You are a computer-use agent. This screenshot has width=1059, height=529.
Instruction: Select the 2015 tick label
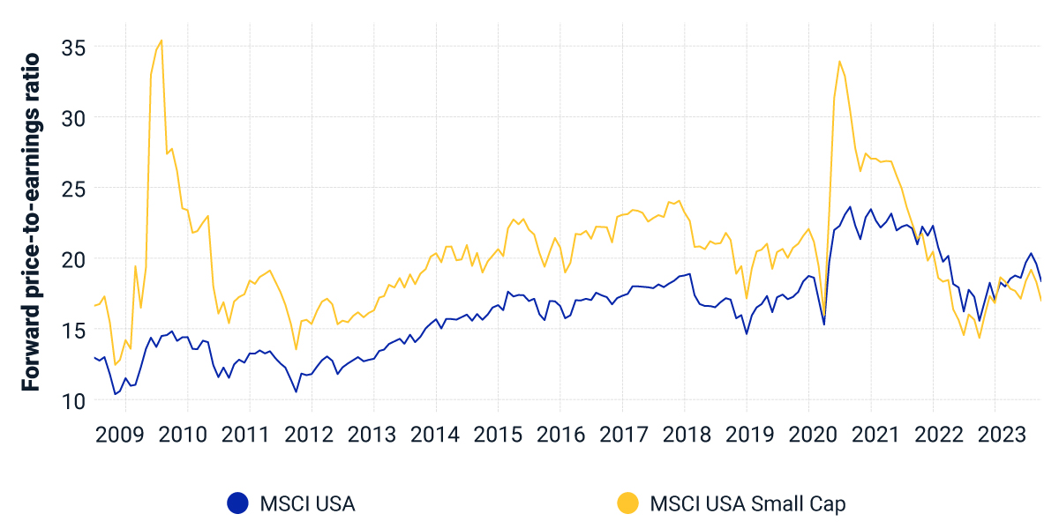click(498, 435)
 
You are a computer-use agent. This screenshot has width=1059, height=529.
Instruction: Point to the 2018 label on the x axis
click(684, 435)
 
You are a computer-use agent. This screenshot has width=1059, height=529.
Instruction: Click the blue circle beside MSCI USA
click(237, 503)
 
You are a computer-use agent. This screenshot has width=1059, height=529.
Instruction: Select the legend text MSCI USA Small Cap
click(747, 503)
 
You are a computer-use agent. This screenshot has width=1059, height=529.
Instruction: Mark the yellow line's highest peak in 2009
click(161, 40)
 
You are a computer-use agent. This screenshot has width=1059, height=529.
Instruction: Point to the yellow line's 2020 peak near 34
click(839, 61)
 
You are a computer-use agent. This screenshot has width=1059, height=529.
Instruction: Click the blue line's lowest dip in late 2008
click(115, 394)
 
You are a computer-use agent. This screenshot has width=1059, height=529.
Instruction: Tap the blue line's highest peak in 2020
click(850, 207)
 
